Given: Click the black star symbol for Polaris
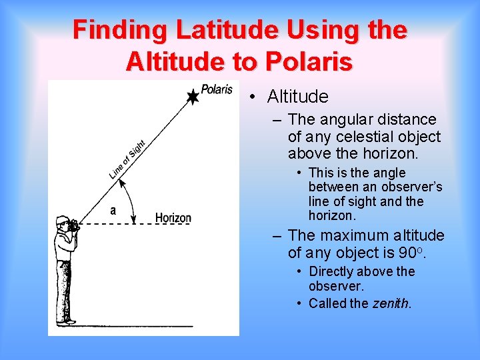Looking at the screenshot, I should click(192, 97).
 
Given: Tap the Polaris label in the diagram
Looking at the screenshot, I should click(217, 89).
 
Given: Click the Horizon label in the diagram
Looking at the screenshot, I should click(173, 217).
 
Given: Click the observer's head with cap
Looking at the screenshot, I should click(63, 223).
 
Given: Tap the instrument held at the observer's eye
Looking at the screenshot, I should click(73, 225).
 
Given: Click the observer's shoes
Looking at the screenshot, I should click(65, 322).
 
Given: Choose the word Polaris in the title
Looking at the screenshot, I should click(307, 62).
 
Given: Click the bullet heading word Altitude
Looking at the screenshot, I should click(297, 97).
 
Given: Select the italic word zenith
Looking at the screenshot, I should click(390, 303).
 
